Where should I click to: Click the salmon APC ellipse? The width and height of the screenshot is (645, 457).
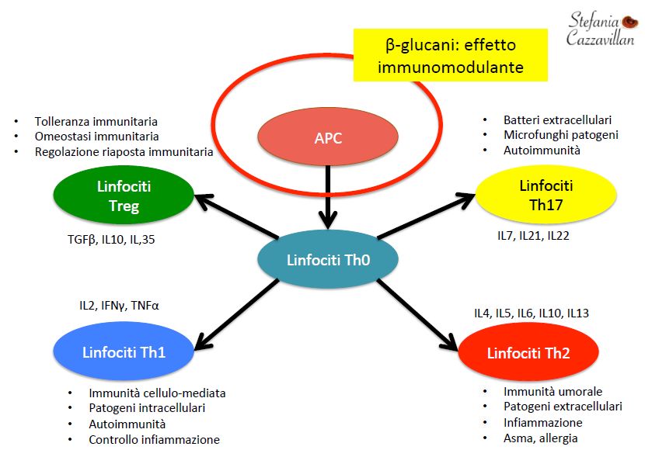click(x=328, y=137)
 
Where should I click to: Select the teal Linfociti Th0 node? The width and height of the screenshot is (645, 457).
click(x=328, y=259)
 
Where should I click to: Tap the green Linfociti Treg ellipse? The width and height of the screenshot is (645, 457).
click(x=124, y=196)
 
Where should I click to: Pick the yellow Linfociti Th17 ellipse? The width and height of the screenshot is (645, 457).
click(x=546, y=195)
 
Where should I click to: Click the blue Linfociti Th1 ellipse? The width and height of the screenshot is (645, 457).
click(x=124, y=351)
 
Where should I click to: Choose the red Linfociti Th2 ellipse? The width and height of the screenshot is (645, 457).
click(x=528, y=352)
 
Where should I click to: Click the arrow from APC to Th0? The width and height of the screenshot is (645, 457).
click(x=328, y=197)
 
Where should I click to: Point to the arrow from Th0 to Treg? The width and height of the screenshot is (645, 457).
click(x=236, y=216)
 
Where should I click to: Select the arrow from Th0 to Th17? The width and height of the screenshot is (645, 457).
click(x=426, y=216)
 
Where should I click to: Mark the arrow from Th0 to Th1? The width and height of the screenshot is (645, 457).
click(x=236, y=315)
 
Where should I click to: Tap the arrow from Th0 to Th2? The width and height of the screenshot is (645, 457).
click(x=417, y=315)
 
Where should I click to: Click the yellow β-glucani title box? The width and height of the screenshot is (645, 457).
click(x=451, y=55)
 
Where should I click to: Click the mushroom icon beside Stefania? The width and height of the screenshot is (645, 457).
click(x=629, y=22)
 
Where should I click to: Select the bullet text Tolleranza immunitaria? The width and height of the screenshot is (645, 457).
click(x=96, y=122)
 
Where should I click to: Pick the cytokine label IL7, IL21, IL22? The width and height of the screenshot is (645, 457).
click(x=533, y=236)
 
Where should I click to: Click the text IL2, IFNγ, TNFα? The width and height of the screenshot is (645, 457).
click(x=120, y=306)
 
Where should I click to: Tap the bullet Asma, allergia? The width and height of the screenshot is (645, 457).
click(x=541, y=438)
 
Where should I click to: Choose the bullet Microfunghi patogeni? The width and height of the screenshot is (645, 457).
click(x=561, y=135)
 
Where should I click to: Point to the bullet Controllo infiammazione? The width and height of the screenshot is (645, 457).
click(x=155, y=440)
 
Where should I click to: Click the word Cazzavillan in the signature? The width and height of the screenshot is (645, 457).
click(x=600, y=38)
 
